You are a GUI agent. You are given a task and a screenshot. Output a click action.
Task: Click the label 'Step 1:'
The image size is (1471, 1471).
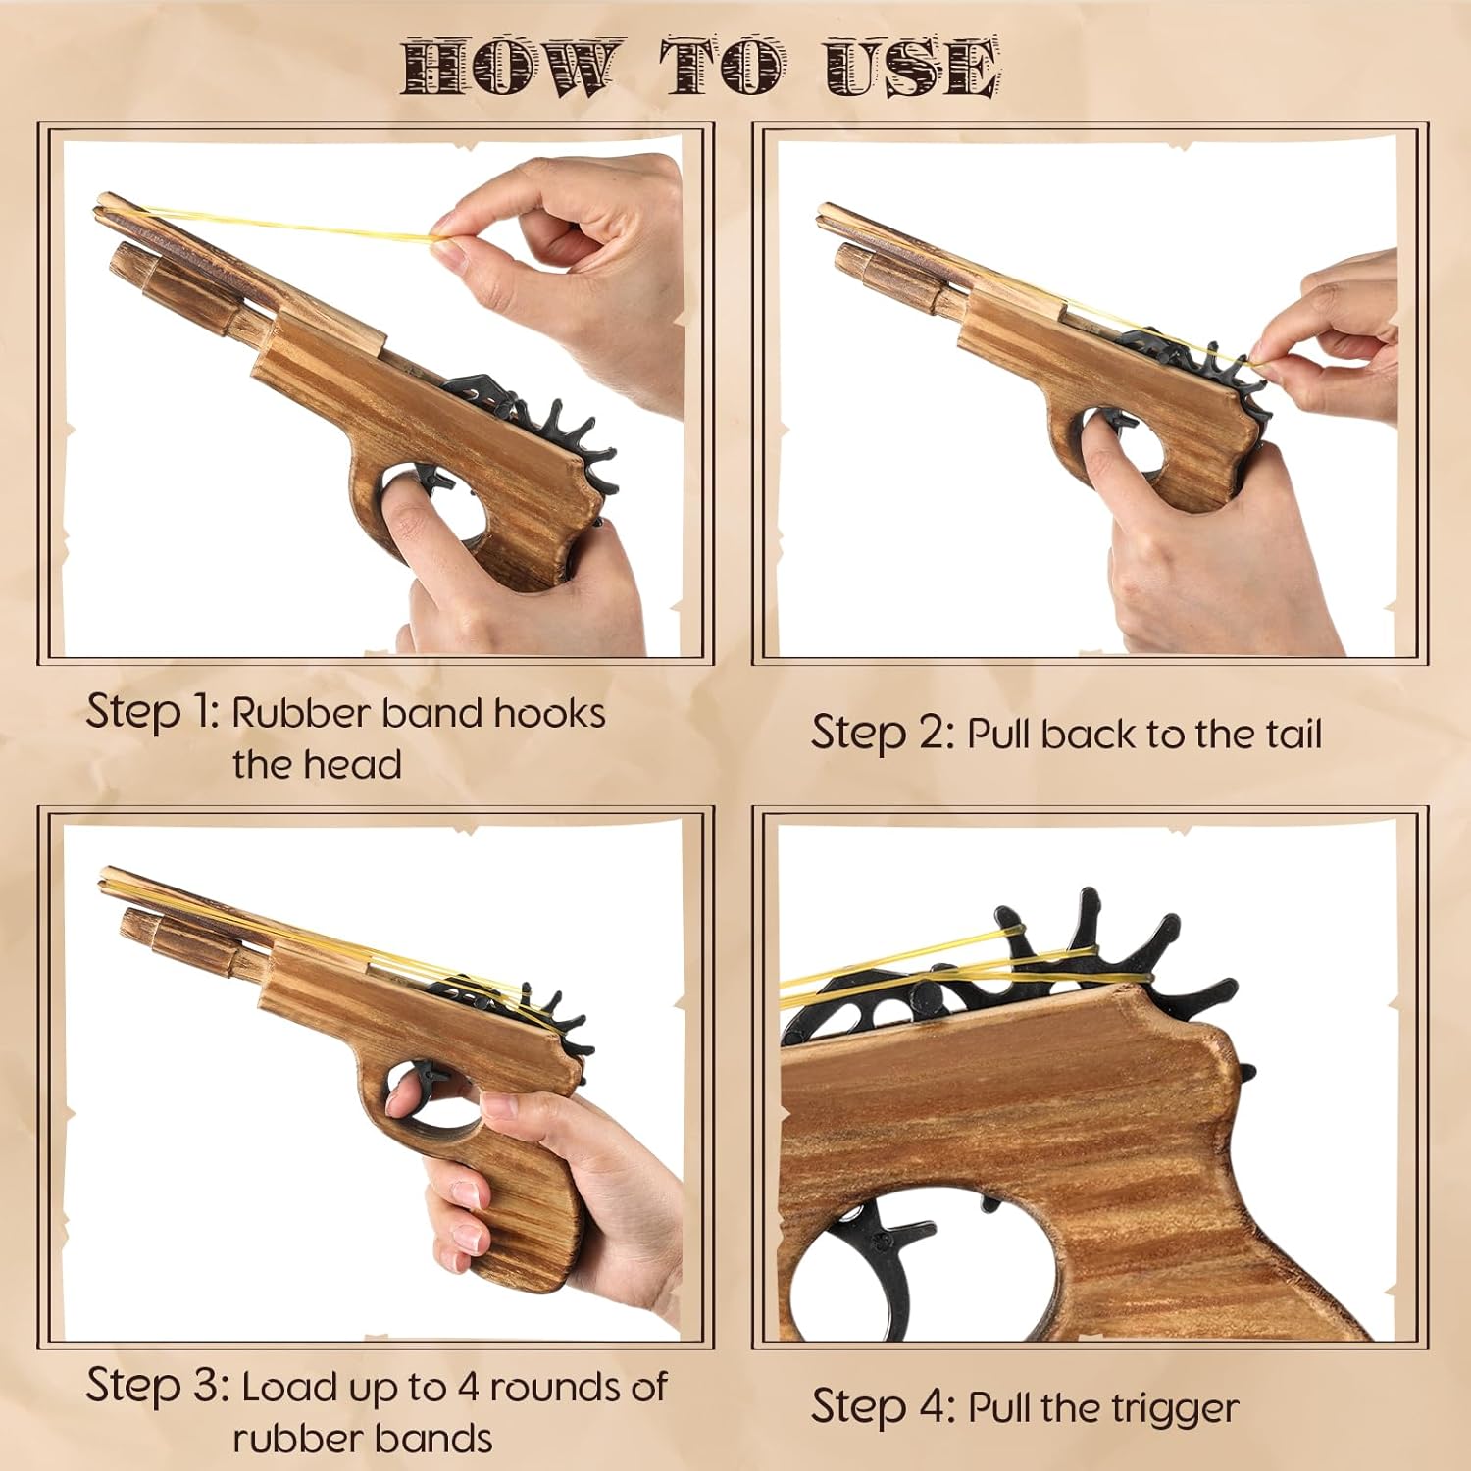point(152,711)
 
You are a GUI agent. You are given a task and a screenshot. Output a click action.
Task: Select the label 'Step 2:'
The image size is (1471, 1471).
point(882,733)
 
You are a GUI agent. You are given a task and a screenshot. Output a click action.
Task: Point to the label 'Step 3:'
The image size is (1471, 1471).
point(157,1385)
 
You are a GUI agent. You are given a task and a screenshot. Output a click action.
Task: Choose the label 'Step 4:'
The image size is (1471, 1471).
point(882,1406)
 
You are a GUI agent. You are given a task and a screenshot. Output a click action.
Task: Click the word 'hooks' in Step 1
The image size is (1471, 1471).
point(549,713)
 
